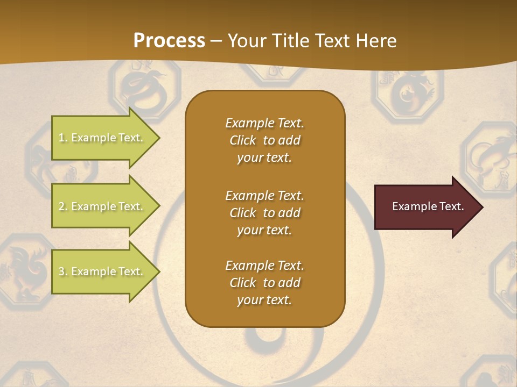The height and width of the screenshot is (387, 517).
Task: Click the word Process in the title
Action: click(x=169, y=41)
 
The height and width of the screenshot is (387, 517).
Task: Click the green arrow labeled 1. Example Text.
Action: click(x=102, y=138)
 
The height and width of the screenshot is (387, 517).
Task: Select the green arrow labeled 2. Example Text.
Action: click(x=102, y=206)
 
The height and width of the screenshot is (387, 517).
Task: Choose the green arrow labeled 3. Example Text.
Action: click(x=102, y=271)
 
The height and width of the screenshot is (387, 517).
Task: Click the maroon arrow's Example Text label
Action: click(x=428, y=206)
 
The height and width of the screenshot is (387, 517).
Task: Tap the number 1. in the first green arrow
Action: click(x=63, y=138)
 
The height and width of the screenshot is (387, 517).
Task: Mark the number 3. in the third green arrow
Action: click(x=63, y=271)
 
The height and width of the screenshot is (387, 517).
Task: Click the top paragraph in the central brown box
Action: click(x=264, y=140)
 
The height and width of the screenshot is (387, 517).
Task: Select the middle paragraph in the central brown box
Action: click(x=264, y=213)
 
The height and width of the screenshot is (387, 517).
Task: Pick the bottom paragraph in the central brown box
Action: click(x=264, y=283)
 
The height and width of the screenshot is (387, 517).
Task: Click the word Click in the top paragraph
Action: click(x=243, y=140)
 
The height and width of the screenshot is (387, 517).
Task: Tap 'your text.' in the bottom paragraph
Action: click(x=264, y=300)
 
